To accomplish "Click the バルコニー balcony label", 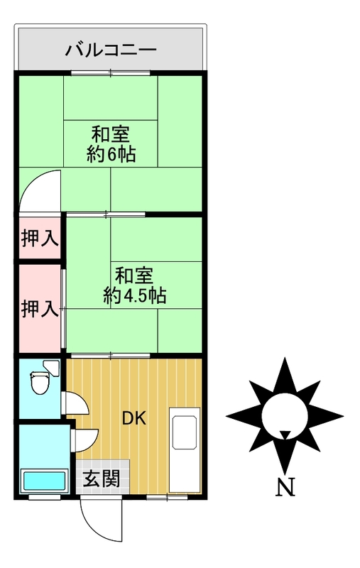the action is coord(111,50).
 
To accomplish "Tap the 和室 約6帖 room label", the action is coord(111,144).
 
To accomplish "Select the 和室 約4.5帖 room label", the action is coord(134,285).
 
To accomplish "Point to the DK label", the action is coord(134,418).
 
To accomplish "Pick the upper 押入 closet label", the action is coord(40,239).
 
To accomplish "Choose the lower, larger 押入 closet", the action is coord(40,309).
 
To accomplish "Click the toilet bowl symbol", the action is coord(40,383).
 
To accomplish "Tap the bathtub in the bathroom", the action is coord(44,481).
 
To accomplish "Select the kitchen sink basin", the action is coord(185,432).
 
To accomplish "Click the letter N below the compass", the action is coord(285,488).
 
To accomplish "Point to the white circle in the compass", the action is coord(285,416).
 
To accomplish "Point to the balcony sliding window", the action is coord(111,73).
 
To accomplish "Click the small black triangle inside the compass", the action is coord(285,434).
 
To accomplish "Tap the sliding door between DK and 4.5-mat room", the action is coord(111,356).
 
